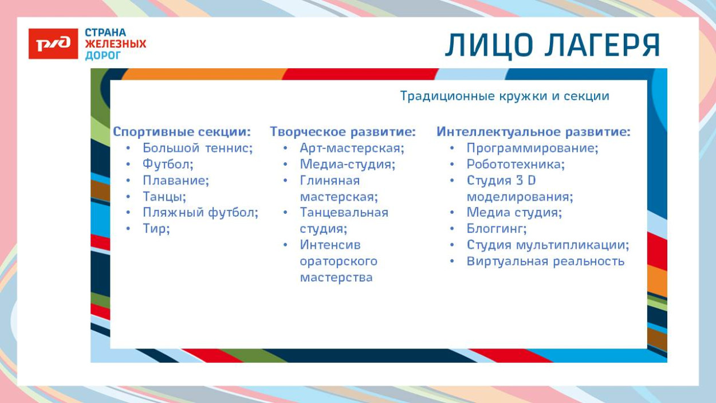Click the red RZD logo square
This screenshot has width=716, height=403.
pyautogui.click(x=53, y=44)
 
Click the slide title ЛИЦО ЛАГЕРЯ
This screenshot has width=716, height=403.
pyautogui.click(x=553, y=46)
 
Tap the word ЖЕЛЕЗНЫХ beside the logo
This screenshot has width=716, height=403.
pyautogui.click(x=116, y=44)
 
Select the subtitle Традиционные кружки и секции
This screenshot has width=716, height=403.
pyautogui.click(x=504, y=96)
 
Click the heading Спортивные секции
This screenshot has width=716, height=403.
pyautogui.click(x=182, y=132)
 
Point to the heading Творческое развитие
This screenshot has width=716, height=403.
pyautogui.click(x=343, y=132)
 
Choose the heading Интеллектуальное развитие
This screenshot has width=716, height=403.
pyautogui.click(x=533, y=132)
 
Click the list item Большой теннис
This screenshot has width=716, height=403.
pyautogui.click(x=198, y=148)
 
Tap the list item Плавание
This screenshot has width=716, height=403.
pyautogui.click(x=176, y=181)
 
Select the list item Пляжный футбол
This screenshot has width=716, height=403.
pyautogui.click(x=200, y=213)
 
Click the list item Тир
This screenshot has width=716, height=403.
pyautogui.click(x=156, y=229)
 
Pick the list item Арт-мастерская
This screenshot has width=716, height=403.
pyautogui.click(x=352, y=148)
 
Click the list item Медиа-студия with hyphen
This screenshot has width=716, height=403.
pyautogui.click(x=348, y=165)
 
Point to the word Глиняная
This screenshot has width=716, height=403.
pyautogui.click(x=330, y=181)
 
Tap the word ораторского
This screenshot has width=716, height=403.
pyautogui.click(x=339, y=261)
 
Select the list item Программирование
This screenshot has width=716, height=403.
pyautogui.click(x=532, y=148)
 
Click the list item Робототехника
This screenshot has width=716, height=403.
pyautogui.click(x=516, y=165)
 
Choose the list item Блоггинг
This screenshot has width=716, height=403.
pyautogui.click(x=497, y=229)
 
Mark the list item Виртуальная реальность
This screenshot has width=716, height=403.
pyautogui.click(x=545, y=261)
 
